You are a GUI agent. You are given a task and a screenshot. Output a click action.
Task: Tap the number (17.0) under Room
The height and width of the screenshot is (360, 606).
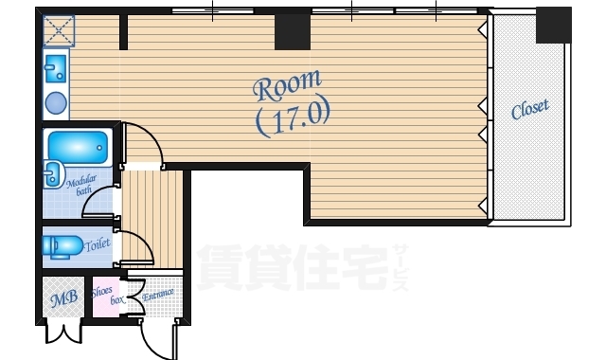point(292,117)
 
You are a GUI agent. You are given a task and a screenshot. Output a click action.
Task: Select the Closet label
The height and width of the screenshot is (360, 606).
point(530,110)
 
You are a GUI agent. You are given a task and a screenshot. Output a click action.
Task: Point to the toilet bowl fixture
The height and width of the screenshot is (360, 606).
point(62,246)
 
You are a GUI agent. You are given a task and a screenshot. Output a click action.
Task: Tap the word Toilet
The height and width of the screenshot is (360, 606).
point(97,244)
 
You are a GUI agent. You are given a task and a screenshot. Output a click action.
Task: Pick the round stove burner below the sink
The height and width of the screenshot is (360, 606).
point(57,101)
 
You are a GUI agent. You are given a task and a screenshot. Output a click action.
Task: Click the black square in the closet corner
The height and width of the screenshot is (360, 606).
point(553,25)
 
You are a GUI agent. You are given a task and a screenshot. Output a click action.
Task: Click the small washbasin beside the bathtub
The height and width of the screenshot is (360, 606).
point(52,174)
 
